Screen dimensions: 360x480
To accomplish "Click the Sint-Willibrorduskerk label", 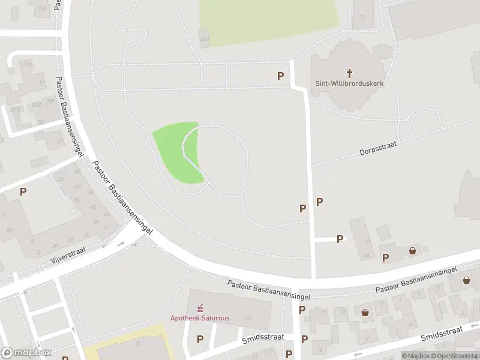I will tap(349, 83).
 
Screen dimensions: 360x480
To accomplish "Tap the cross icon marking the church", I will tap(349, 73).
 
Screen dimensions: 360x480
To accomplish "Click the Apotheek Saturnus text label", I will tap(200, 317).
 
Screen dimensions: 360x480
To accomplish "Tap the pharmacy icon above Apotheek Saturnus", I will tap(200, 307).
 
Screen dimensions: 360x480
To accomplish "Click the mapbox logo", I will tap(26, 353).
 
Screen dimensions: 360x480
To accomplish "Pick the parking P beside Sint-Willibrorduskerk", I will tap(280, 76).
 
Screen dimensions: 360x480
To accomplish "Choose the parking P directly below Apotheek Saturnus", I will tap(200, 340).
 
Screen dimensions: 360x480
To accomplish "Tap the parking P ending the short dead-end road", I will tap(340, 239).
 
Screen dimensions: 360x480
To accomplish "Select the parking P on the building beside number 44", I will tap(386, 257).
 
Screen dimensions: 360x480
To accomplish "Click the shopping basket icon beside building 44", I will tap(413, 251).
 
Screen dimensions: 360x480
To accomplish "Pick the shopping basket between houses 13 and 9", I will tap(365, 313).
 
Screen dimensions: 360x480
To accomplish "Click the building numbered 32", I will tap(362, 17).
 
